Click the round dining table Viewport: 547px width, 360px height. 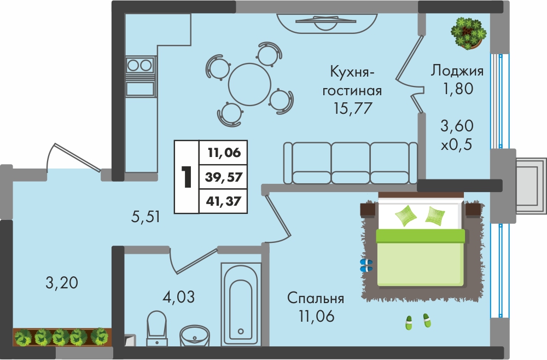(250, 84)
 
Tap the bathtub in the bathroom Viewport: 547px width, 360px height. (241, 305)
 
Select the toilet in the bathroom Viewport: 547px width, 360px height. (156, 328)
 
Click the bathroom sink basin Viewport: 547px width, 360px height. (195, 335)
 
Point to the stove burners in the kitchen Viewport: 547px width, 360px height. (140, 65)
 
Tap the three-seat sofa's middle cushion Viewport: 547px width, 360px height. (351, 162)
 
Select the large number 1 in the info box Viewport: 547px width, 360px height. (187, 177)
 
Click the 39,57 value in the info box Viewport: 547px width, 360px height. (224, 177)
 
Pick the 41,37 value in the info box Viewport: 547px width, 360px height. (224, 201)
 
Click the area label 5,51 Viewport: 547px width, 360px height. (146, 217)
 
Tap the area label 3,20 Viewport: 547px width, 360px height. (62, 282)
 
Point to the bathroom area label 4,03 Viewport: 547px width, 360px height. (179, 297)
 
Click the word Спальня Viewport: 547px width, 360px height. (316, 298)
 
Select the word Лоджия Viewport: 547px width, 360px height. (457, 71)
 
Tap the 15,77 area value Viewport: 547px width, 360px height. (352, 108)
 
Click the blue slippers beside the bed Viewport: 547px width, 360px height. (366, 265)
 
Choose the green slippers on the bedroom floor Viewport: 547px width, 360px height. (418, 321)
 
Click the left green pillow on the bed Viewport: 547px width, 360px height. (406, 215)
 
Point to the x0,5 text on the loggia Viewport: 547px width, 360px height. (457, 144)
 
